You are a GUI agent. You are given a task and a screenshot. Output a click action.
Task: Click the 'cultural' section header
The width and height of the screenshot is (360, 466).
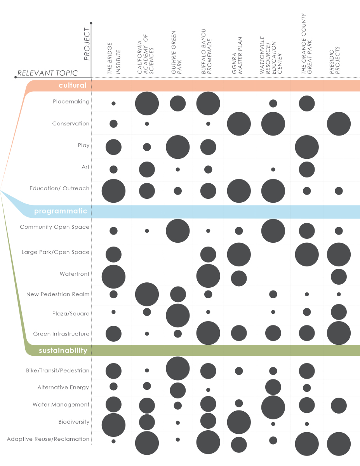(x=72, y=85)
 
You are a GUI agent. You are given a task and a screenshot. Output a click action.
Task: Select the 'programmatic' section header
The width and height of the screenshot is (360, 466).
(x=60, y=211)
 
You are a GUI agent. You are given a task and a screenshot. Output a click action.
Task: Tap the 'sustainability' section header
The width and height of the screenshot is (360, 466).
(x=63, y=351)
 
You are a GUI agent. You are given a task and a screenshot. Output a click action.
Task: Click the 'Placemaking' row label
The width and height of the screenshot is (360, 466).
(x=71, y=102)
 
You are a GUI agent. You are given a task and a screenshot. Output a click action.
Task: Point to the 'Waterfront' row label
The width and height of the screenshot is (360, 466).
(x=75, y=274)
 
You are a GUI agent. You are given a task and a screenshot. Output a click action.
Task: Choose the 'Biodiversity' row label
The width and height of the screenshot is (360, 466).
(x=74, y=422)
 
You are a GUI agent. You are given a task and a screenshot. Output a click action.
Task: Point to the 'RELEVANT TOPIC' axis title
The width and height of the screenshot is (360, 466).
(x=47, y=73)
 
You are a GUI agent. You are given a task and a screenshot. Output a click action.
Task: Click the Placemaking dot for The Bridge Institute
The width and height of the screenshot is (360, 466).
(x=113, y=104)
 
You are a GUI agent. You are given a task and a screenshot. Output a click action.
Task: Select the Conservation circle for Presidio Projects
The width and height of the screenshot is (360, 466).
(x=339, y=124)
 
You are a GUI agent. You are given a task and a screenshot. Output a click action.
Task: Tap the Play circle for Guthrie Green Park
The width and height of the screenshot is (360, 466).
(x=177, y=147)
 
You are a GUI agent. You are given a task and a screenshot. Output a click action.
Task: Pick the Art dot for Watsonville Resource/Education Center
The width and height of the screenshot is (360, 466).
(x=273, y=170)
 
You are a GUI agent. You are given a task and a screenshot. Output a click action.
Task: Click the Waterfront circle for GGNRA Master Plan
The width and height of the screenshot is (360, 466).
(x=239, y=278)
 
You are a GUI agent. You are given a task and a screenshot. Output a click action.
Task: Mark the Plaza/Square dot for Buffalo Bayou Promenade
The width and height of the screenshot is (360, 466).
(x=208, y=312)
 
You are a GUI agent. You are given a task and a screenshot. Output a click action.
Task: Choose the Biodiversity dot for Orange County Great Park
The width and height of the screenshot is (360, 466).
(x=307, y=424)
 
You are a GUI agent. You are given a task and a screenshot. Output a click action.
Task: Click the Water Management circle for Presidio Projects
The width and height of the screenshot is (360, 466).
(x=339, y=405)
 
